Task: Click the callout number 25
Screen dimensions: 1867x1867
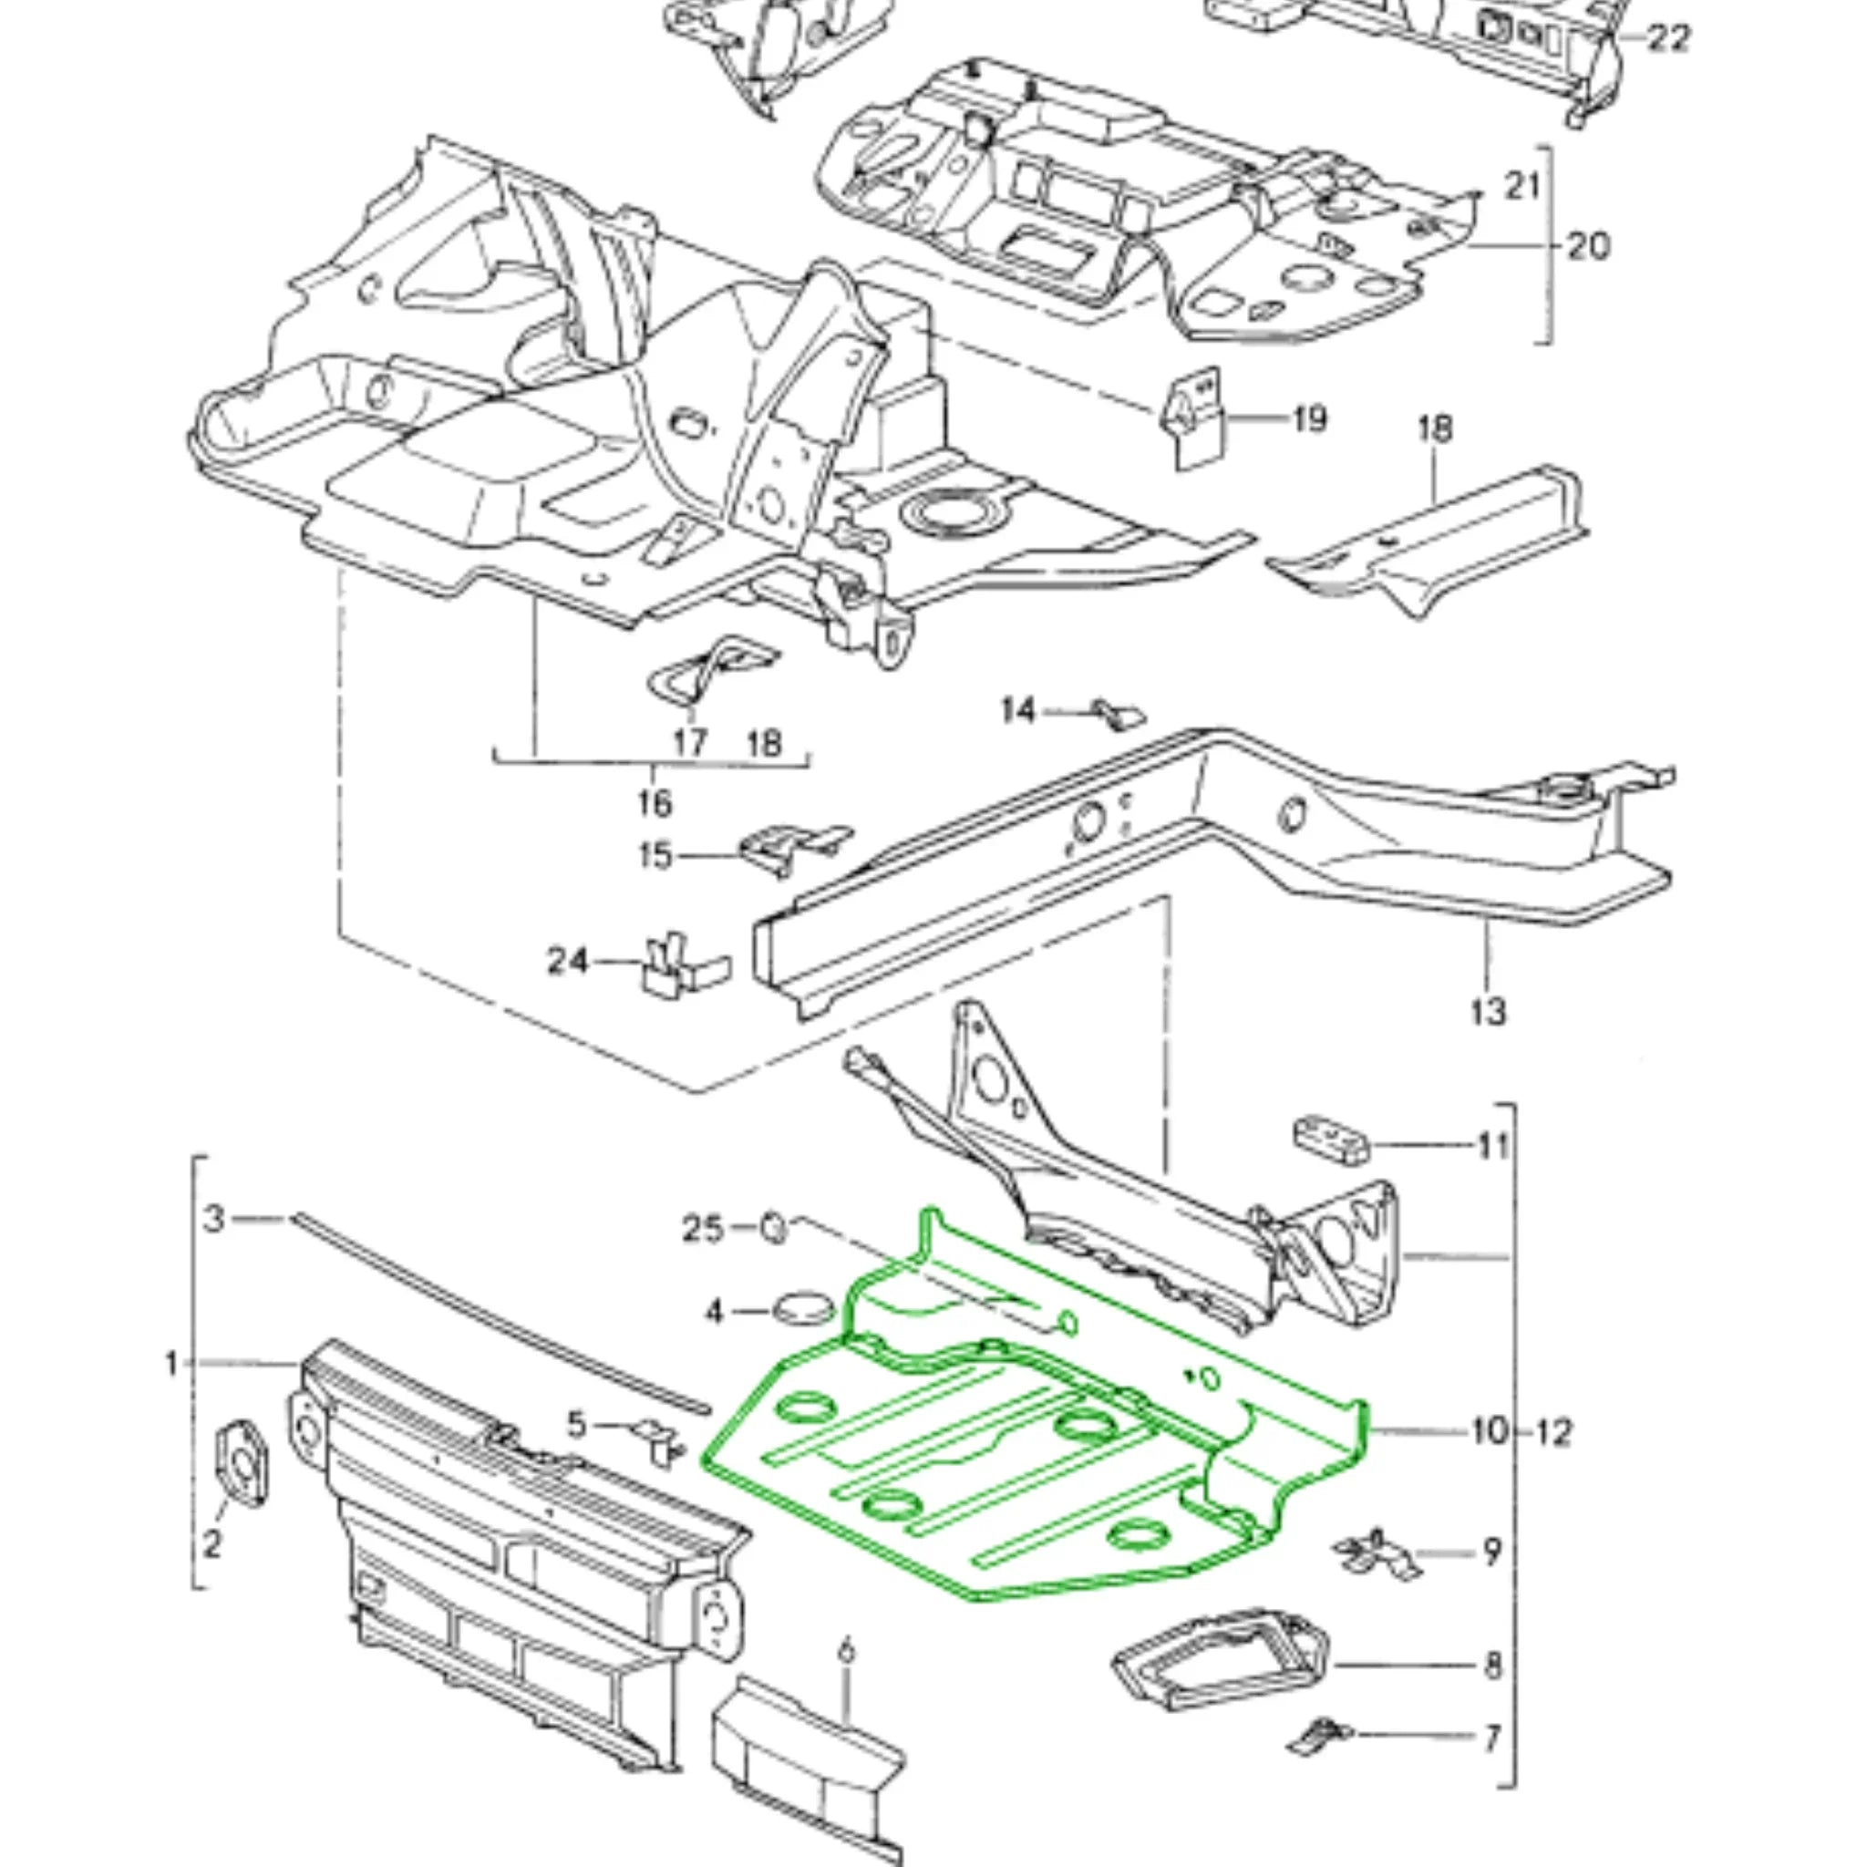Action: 703,1228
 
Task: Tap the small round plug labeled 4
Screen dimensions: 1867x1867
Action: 803,1311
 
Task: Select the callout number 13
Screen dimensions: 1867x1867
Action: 1487,1012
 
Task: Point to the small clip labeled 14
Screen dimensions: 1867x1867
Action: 1118,714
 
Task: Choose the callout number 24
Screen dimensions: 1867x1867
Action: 567,962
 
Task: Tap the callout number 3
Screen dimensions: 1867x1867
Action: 214,1219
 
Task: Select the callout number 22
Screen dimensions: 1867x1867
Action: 1668,38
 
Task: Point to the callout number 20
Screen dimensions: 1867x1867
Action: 1589,246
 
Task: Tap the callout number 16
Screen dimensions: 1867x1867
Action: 655,802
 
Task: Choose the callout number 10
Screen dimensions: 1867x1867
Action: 1490,1431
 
